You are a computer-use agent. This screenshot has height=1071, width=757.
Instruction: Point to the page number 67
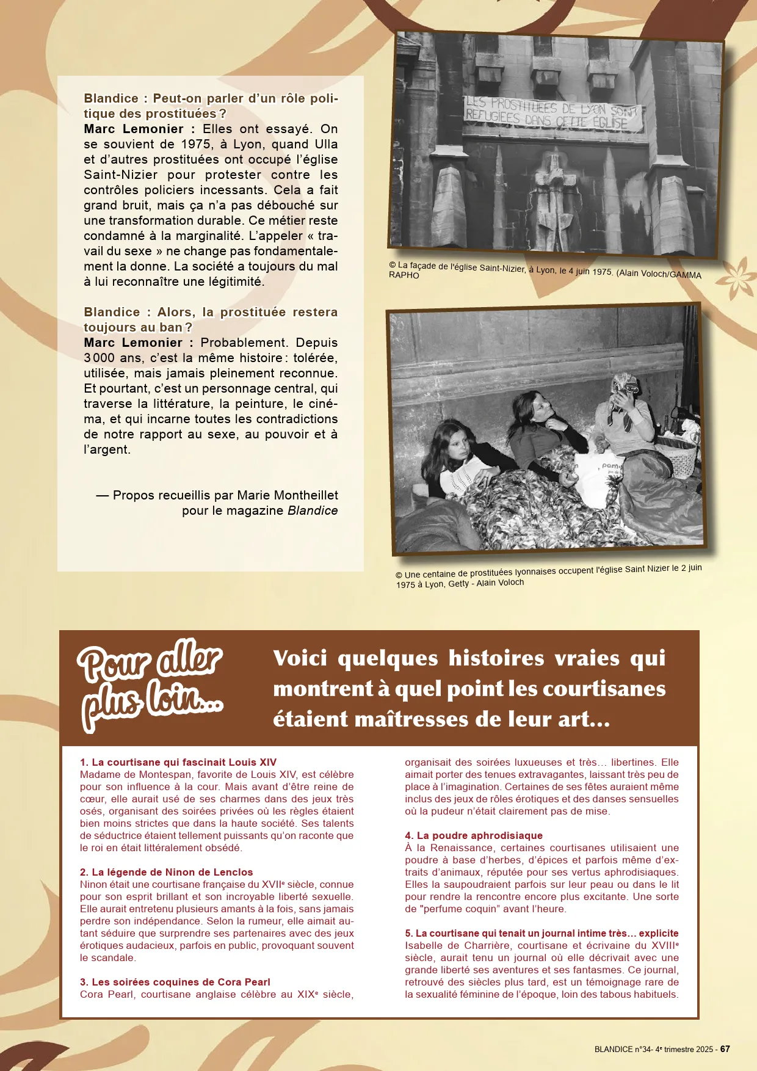pos(725,1049)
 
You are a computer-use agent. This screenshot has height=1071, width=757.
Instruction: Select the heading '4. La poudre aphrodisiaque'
pos(473,835)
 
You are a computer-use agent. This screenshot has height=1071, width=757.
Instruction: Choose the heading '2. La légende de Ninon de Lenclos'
pos(166,872)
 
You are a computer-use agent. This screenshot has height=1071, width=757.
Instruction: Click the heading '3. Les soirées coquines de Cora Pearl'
pos(175,982)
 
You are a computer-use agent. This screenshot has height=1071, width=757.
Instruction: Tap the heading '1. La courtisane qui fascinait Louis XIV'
pos(178,762)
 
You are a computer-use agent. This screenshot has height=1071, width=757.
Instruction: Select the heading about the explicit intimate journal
pos(541,933)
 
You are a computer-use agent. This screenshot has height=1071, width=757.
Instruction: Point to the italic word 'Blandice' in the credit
pos(313,510)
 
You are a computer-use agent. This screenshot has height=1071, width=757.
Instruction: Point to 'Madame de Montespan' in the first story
pos(135,774)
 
